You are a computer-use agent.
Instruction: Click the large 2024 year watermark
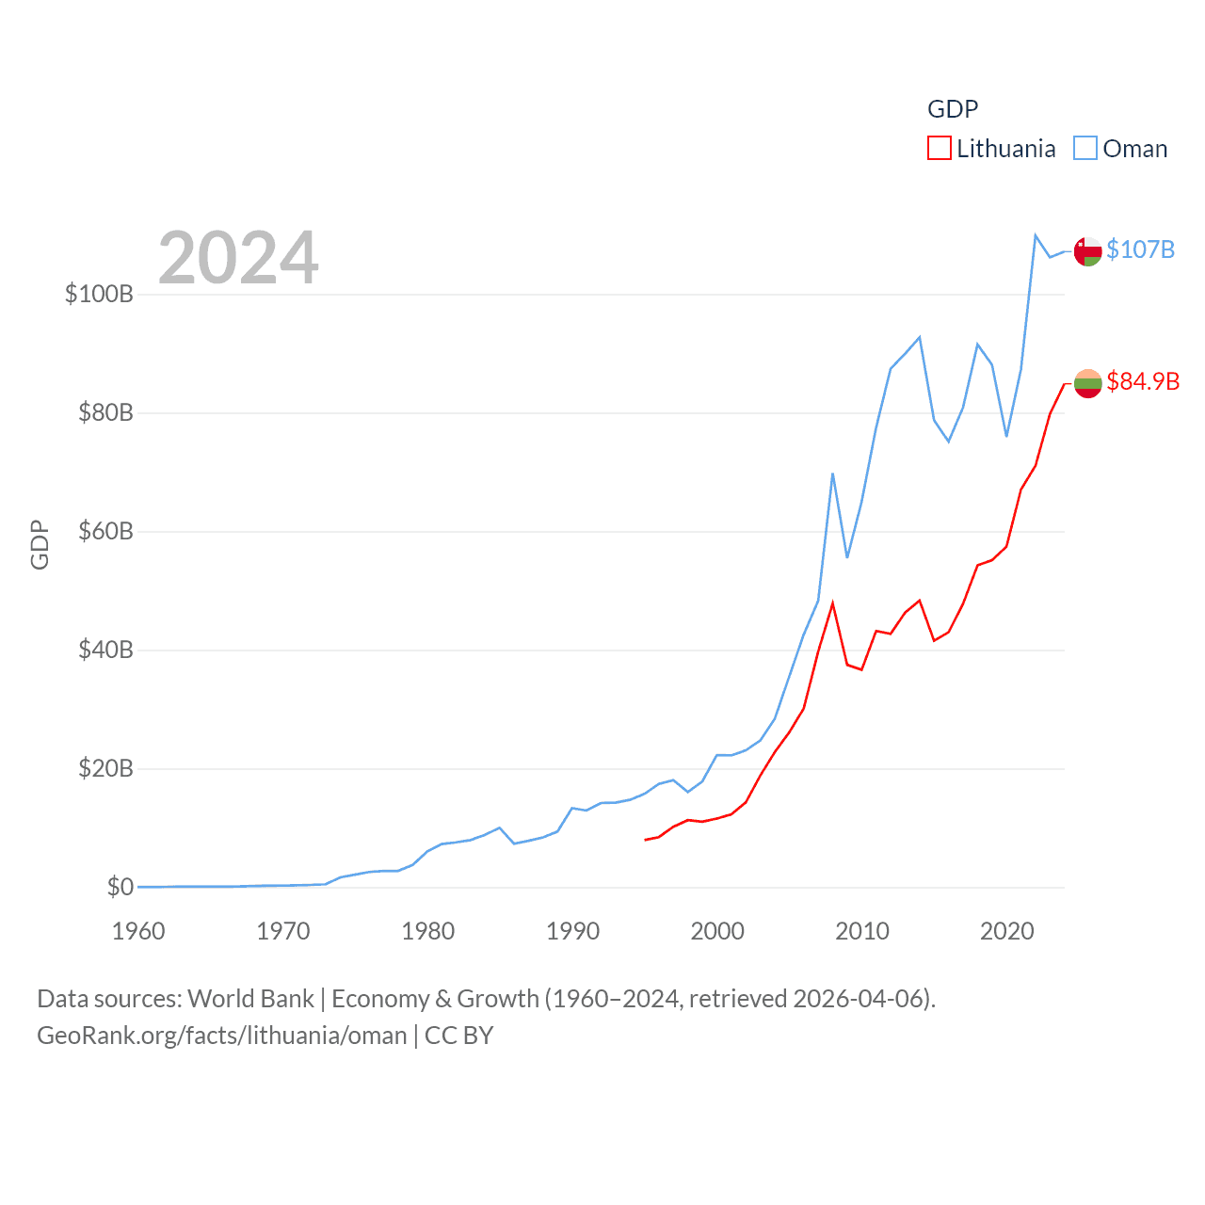(238, 258)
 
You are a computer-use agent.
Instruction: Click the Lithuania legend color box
(939, 149)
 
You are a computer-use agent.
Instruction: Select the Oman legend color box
(1085, 149)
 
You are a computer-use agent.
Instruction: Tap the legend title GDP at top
(953, 109)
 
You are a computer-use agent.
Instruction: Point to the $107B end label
(1140, 249)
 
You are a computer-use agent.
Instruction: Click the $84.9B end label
(1143, 381)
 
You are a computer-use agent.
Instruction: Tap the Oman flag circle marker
(1087, 251)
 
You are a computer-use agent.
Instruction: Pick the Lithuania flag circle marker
(1087, 383)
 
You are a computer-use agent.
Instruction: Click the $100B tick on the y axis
(99, 294)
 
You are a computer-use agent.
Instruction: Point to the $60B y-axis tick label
(105, 531)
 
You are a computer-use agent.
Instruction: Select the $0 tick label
(120, 887)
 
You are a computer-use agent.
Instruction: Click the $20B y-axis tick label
(105, 768)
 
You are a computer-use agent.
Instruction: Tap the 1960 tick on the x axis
(138, 932)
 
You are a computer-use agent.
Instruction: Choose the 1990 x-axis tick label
(572, 932)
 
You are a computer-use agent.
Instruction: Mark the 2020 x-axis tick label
(1006, 932)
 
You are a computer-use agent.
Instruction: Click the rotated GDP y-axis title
(40, 544)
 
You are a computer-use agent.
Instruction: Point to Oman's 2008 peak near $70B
(832, 474)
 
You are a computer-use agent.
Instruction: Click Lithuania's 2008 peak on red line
(832, 603)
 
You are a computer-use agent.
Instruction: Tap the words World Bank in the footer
(250, 998)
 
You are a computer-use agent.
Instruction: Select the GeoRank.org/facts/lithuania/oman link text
(222, 1036)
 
